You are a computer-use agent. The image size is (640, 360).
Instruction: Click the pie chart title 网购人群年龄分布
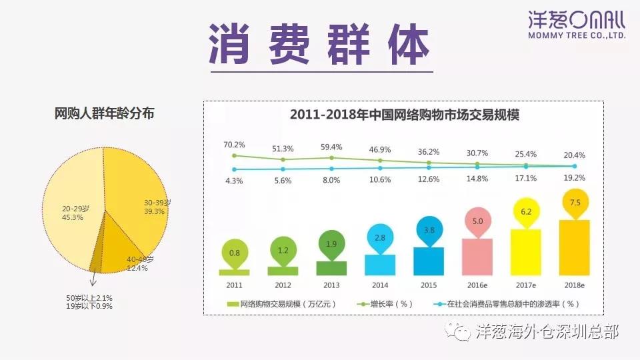105,114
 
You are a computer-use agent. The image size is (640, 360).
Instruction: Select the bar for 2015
428,261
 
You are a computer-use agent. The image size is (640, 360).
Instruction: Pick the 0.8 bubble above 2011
234,253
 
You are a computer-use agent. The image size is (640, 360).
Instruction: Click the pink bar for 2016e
477,257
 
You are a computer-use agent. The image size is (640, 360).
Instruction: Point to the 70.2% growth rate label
234,145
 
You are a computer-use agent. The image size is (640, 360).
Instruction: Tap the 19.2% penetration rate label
574,178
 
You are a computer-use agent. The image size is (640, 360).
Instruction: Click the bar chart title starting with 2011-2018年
404,115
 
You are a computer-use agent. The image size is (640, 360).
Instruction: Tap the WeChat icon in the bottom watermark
461,331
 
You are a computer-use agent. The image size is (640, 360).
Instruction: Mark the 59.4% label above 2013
331,147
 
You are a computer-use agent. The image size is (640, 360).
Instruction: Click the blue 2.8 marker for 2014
380,237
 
